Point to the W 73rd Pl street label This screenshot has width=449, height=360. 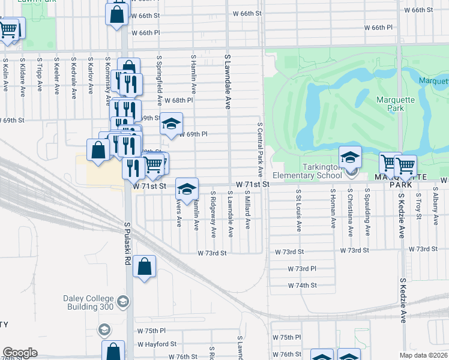click(302, 269)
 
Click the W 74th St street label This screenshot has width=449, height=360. click(302, 286)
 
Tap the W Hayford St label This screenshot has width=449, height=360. click(157, 344)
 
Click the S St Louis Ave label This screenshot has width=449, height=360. click(298, 210)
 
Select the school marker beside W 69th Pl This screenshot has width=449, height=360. click(171, 124)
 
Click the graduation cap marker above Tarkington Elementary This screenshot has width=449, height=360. click(350, 157)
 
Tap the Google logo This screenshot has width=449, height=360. click(20, 353)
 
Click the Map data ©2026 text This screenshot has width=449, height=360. click(424, 355)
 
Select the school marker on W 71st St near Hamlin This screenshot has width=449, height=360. click(187, 188)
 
